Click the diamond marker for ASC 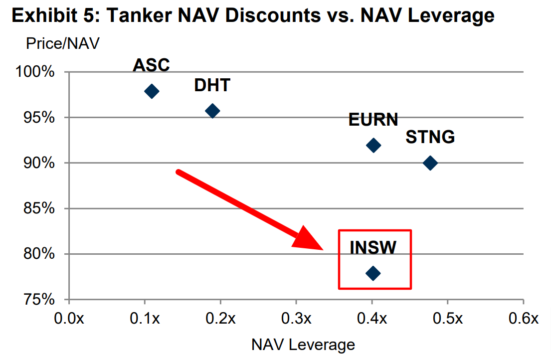(152, 91)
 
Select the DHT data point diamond (212, 111)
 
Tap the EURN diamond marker (373, 145)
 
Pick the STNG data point (430, 163)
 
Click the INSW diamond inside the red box (373, 273)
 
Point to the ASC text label (152, 65)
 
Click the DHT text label (212, 85)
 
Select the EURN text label (373, 120)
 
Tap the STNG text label (430, 137)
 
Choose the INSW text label (373, 247)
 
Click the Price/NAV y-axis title (63, 43)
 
